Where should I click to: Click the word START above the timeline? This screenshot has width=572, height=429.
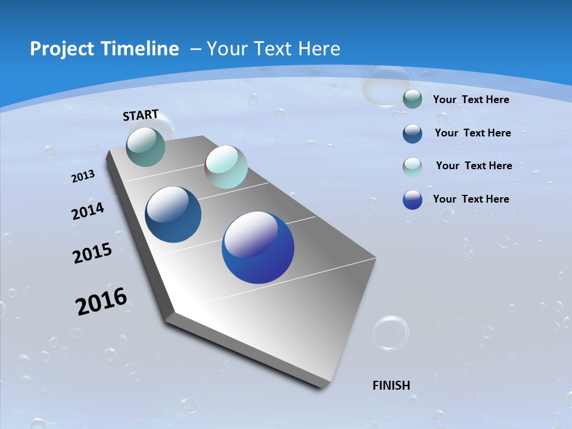pyautogui.click(x=141, y=115)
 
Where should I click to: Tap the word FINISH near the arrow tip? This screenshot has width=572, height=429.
pyautogui.click(x=391, y=386)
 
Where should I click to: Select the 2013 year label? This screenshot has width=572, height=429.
pyautogui.click(x=83, y=176)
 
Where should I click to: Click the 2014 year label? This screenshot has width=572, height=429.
pyautogui.click(x=88, y=212)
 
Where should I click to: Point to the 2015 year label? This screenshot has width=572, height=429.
pyautogui.click(x=92, y=253)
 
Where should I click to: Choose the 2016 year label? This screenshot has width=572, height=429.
pyautogui.click(x=101, y=301)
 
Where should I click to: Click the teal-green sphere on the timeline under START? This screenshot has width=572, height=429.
pyautogui.click(x=146, y=147)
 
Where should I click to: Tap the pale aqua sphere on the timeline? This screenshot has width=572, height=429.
pyautogui.click(x=226, y=167)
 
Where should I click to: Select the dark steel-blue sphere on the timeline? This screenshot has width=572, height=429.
pyautogui.click(x=173, y=214)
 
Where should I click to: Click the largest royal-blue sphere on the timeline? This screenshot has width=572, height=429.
pyautogui.click(x=258, y=247)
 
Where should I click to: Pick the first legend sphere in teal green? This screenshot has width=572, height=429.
pyautogui.click(x=412, y=100)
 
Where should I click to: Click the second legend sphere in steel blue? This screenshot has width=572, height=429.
pyautogui.click(x=412, y=133)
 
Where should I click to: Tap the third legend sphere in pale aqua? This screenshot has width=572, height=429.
pyautogui.click(x=412, y=167)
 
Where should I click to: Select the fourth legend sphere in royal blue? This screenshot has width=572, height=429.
pyautogui.click(x=412, y=200)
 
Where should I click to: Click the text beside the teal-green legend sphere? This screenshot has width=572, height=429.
pyautogui.click(x=471, y=100)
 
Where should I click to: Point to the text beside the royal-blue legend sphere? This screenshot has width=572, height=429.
pyautogui.click(x=471, y=199)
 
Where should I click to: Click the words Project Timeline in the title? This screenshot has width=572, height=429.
pyautogui.click(x=104, y=49)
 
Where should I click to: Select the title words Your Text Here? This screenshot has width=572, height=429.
pyautogui.click(x=273, y=49)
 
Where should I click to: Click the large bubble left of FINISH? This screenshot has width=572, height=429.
pyautogui.click(x=391, y=332)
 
